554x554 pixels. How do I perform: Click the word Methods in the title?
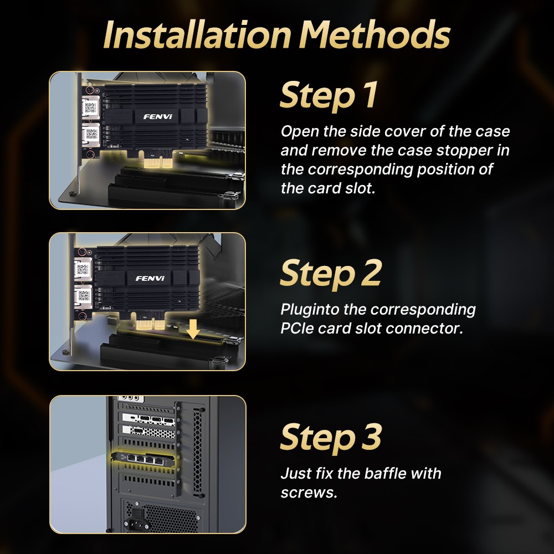click(375, 34)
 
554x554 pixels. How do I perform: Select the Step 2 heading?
click(331, 273)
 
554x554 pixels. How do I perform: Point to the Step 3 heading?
click(331, 438)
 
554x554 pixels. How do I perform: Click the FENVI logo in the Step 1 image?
click(158, 116)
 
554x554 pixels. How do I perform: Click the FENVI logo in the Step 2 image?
click(150, 279)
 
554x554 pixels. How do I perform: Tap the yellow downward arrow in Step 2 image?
click(193, 329)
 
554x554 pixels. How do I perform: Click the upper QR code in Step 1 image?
click(91, 107)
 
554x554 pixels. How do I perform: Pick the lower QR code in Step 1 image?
click(91, 134)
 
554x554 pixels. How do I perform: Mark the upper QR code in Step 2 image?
click(83, 270)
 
